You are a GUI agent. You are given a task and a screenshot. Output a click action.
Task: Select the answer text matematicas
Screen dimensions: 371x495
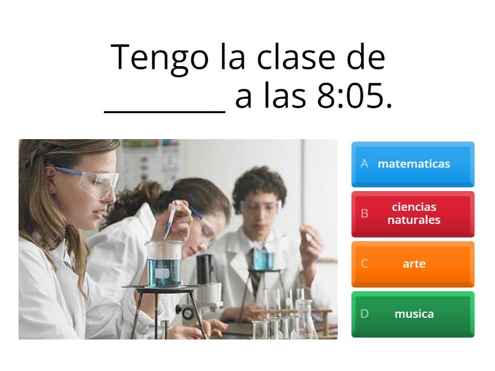413,164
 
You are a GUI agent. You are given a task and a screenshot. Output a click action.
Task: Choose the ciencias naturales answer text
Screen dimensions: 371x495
413,213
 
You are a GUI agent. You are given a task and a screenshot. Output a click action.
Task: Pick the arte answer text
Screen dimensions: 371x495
413,263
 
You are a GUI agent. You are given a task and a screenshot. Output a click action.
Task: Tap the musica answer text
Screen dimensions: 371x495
413,313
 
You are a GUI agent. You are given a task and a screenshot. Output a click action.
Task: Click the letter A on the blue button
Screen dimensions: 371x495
364,164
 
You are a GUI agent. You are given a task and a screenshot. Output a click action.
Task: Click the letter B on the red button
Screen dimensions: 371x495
364,213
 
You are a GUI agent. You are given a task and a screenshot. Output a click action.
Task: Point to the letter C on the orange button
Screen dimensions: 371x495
364,263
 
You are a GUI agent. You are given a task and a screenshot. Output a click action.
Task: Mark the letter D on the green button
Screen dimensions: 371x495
364,313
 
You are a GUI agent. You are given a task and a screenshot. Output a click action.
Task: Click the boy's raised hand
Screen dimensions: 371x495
309,244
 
